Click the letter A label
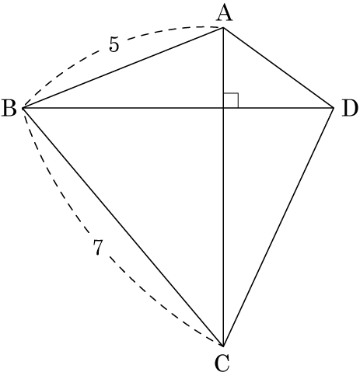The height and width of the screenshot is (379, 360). (224, 14)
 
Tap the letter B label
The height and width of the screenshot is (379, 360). (9, 108)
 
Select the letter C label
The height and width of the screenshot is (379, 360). (222, 363)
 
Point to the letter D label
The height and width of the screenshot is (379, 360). (350, 108)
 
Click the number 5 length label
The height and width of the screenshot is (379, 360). (114, 44)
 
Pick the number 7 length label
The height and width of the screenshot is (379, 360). (98, 248)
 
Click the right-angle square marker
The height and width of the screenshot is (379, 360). (231, 100)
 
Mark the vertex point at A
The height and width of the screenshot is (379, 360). (223, 27)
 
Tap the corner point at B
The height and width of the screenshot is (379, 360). (23, 107)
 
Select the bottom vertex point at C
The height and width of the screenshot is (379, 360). (223, 346)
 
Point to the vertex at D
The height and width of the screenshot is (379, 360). (333, 107)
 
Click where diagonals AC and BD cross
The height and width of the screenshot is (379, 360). (223, 107)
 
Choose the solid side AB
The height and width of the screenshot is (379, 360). (124, 68)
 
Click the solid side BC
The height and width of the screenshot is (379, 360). (124, 227)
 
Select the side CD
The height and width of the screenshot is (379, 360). (278, 227)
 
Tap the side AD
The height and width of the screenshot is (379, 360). (278, 68)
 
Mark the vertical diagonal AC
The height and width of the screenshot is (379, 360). (223, 186)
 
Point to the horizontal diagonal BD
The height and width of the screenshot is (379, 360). (178, 107)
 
